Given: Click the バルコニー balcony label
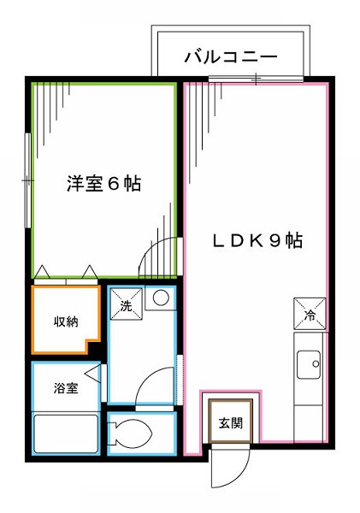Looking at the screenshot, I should pos(230,57).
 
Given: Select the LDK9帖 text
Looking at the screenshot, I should pos(257,241).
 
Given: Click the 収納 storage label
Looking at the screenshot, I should pos(66,321).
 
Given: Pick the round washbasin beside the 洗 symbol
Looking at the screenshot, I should pos(158,298).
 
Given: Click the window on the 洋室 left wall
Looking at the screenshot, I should pos(28,180).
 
